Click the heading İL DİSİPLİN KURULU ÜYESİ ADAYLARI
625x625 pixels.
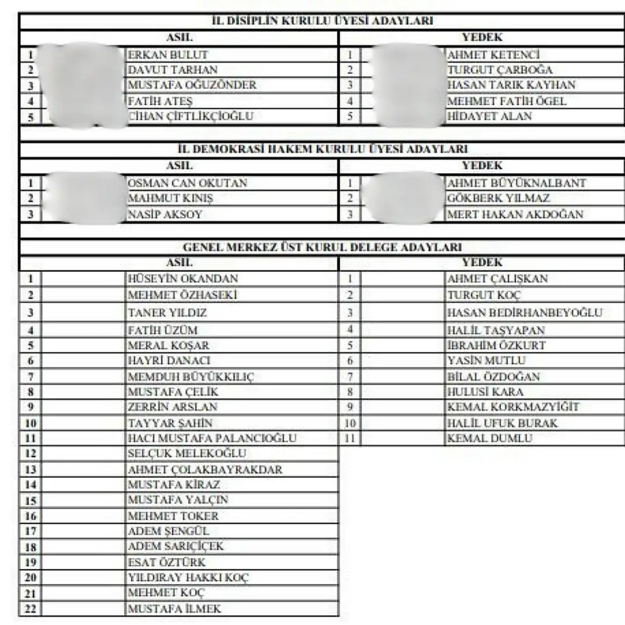click(x=323, y=21)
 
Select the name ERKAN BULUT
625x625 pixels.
click(x=168, y=55)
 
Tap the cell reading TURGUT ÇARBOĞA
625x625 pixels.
click(x=500, y=70)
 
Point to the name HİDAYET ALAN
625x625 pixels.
click(x=490, y=116)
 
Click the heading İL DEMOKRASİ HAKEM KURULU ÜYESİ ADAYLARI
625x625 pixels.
click(x=322, y=149)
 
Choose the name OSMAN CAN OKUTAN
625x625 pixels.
click(x=187, y=183)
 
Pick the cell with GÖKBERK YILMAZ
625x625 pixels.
click(x=498, y=198)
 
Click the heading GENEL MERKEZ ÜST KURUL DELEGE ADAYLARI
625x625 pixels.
click(x=322, y=247)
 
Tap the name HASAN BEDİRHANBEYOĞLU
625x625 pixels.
click(x=525, y=313)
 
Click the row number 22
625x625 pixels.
click(x=31, y=609)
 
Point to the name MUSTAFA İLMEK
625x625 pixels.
click(x=174, y=609)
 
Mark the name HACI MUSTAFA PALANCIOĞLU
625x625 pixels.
click(x=212, y=438)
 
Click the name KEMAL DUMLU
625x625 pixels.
click(x=490, y=438)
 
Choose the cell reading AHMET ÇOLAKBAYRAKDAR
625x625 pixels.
click(x=205, y=469)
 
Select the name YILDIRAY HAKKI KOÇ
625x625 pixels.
click(x=189, y=578)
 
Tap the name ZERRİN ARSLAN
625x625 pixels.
click(x=172, y=407)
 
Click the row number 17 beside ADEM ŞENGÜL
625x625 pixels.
click(x=31, y=531)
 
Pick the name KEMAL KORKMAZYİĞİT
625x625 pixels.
click(x=513, y=407)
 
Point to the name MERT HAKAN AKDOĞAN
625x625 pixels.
click(x=515, y=214)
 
